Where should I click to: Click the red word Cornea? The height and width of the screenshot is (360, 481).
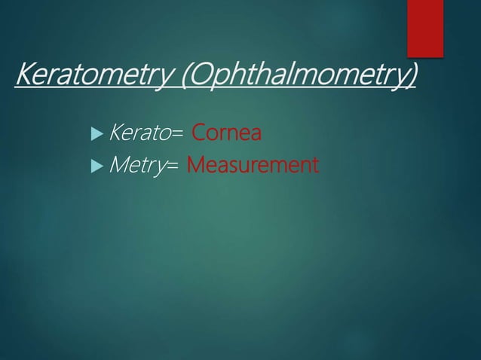[x=227, y=134]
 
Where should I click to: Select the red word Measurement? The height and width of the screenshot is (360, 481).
[x=252, y=163]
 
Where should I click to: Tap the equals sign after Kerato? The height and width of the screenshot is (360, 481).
[x=178, y=135]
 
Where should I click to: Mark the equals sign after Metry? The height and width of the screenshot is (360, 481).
[x=173, y=164]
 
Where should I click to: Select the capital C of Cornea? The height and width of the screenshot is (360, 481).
[x=198, y=134]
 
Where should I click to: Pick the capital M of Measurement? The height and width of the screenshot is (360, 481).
[x=195, y=163]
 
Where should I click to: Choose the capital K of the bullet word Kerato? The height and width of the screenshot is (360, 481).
[x=116, y=134]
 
